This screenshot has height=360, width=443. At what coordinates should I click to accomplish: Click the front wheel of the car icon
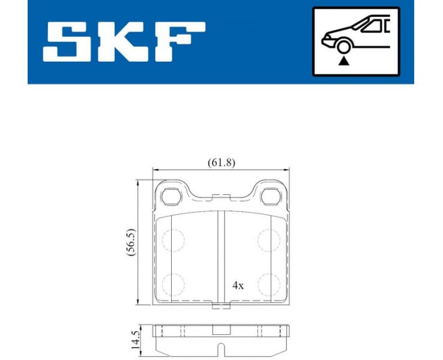click(x=344, y=46)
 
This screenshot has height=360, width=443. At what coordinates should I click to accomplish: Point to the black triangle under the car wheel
click(x=344, y=60)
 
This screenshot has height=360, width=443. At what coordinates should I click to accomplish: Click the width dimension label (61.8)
click(x=220, y=163)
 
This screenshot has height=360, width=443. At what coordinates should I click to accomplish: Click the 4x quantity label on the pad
click(x=238, y=286)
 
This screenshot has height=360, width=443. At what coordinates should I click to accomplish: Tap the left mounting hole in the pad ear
click(x=172, y=196)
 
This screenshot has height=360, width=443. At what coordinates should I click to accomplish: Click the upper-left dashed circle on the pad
click(x=173, y=239)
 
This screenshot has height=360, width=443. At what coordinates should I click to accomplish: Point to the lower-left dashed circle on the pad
click(x=173, y=282)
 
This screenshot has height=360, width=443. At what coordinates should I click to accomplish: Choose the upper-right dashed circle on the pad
click(x=269, y=239)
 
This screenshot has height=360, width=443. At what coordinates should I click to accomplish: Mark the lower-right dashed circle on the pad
click(x=269, y=282)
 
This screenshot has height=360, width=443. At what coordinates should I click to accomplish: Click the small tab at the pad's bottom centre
click(x=221, y=308)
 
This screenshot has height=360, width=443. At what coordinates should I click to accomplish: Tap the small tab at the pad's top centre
click(x=221, y=195)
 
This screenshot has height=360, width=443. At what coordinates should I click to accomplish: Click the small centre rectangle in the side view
click(x=221, y=330)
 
